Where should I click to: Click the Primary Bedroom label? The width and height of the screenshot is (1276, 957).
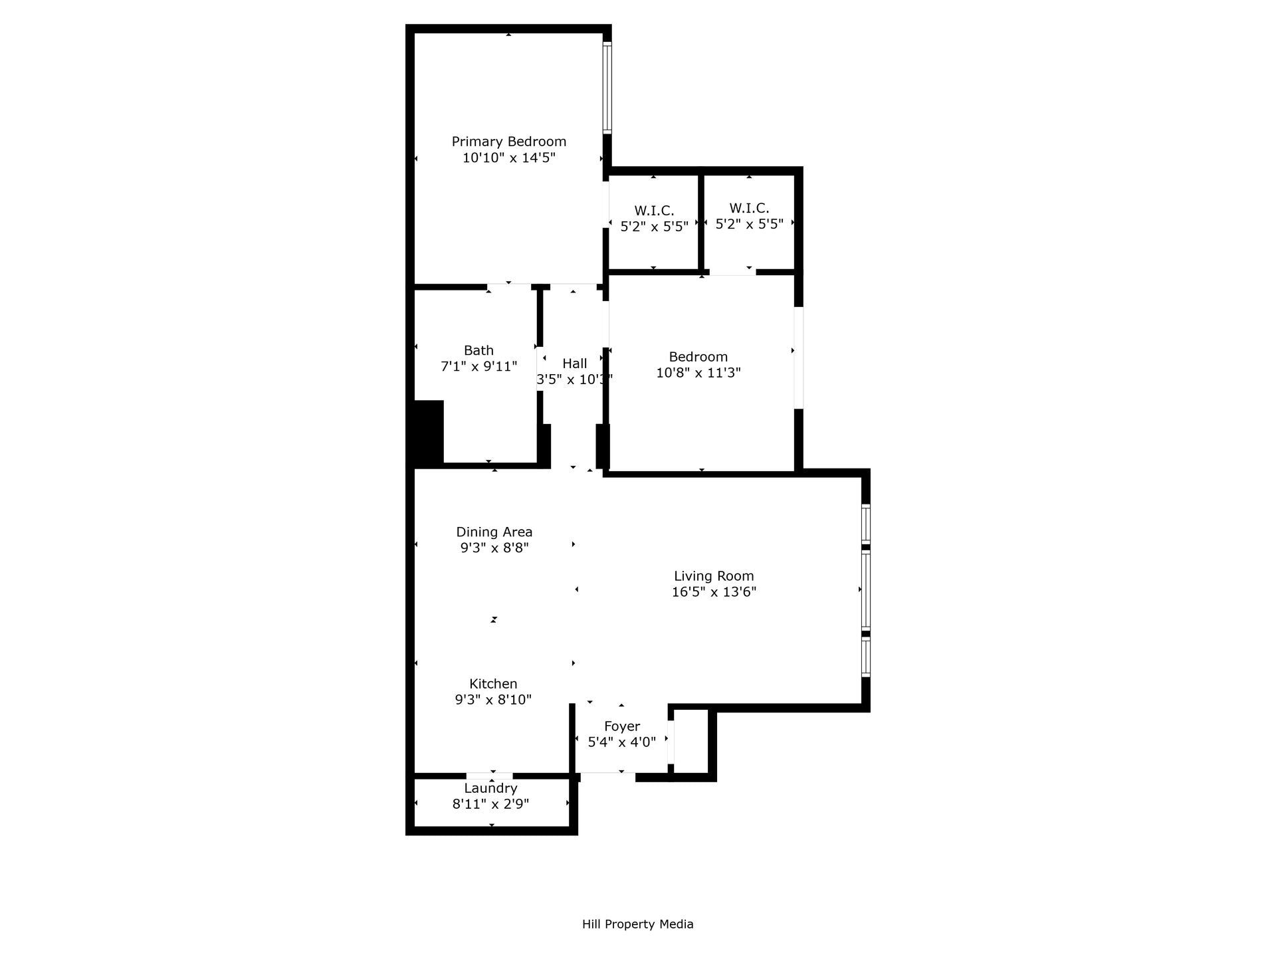tap(508, 142)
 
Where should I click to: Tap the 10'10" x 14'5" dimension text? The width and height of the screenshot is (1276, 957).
tap(508, 158)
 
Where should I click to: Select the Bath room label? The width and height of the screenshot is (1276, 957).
tap(478, 350)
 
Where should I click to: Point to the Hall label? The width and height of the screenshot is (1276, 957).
tap(574, 364)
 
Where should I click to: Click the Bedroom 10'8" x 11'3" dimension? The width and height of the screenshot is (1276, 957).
tap(698, 373)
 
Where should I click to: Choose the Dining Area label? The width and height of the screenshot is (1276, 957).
tap(494, 532)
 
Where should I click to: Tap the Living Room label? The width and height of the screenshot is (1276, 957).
tap(714, 576)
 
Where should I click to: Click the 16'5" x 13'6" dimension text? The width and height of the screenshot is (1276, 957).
tap(714, 592)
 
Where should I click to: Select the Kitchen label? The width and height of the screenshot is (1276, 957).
tap(493, 684)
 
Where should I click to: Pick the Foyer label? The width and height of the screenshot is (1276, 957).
tap(622, 726)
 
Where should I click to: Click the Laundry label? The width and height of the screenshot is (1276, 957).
tap(490, 788)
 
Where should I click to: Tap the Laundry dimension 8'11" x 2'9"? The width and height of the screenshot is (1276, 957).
tap(490, 804)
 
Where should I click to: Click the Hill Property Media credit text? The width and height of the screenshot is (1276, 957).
tap(637, 924)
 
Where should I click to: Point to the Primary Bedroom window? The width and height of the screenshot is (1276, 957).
tap(607, 88)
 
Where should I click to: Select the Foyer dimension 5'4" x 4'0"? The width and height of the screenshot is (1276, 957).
tap(622, 742)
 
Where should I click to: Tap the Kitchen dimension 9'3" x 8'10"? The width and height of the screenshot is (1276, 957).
tap(493, 700)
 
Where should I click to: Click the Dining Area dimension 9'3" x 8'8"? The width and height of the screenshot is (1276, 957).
tap(494, 548)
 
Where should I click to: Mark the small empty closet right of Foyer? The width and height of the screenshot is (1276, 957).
tap(691, 742)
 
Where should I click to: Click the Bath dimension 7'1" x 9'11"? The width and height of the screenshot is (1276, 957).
tap(478, 366)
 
